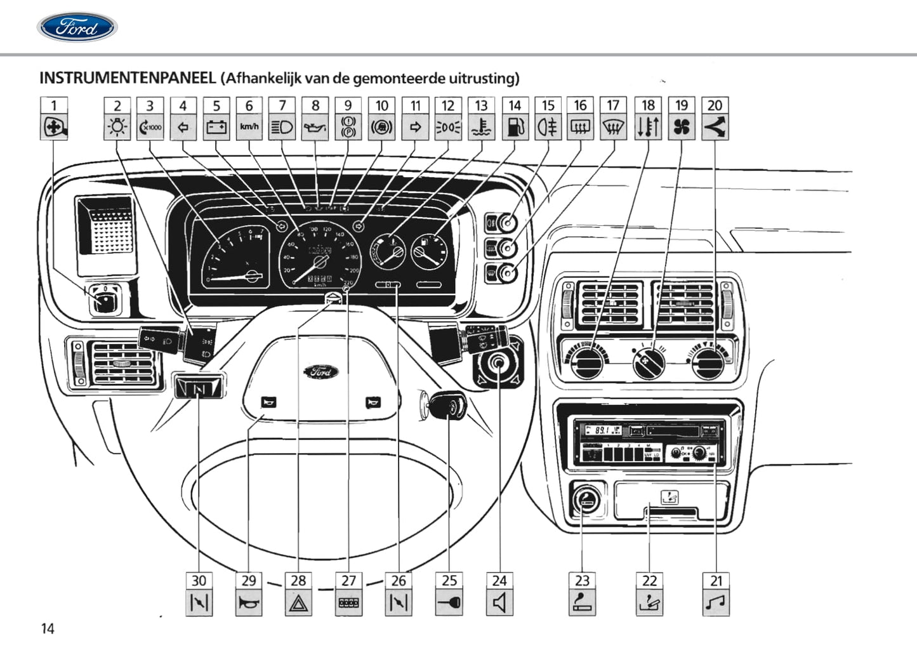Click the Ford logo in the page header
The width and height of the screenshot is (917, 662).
77,28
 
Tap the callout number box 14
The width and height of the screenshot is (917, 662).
515,105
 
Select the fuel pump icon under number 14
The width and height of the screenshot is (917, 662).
515,128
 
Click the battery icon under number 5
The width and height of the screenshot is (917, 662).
216,128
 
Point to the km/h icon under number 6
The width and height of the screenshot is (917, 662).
249,127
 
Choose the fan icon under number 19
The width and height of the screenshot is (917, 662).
682,128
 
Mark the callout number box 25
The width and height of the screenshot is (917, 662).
449,580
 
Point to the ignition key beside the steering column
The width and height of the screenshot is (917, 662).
449,406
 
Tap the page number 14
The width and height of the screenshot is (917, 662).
48,628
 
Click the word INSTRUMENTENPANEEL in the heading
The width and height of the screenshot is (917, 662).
128,78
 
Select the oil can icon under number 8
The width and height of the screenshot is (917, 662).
315,128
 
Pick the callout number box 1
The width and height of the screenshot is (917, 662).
54,105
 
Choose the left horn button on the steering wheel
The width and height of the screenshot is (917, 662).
268,402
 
